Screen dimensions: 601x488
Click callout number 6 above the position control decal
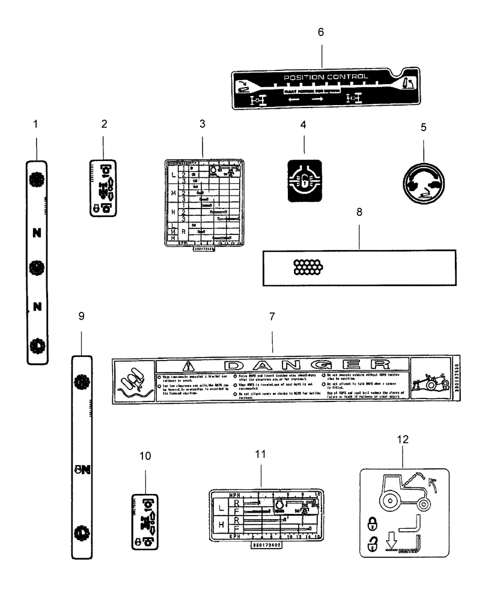coord(320,32)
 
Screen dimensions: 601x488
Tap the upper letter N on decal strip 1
coord(37,231)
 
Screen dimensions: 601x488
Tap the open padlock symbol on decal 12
coord(371,546)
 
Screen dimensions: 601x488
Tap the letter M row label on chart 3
coord(174,193)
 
